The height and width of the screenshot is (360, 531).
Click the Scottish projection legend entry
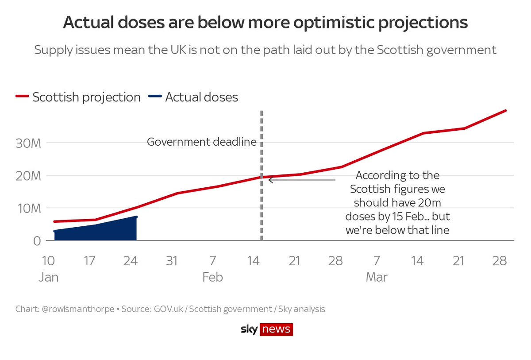(78, 97)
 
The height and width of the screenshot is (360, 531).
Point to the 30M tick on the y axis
(30, 143)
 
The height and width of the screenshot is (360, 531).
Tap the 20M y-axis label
(30, 176)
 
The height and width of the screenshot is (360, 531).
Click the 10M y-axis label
(30, 208)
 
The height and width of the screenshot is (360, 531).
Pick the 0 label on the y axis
(38, 241)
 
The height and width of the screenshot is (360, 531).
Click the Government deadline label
(201, 142)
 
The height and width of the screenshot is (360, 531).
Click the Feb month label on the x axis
(213, 278)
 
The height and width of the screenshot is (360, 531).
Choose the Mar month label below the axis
(377, 278)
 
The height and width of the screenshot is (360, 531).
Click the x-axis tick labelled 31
(172, 261)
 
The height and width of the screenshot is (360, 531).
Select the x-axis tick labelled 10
(49, 261)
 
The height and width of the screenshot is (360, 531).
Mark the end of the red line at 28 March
(505, 111)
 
